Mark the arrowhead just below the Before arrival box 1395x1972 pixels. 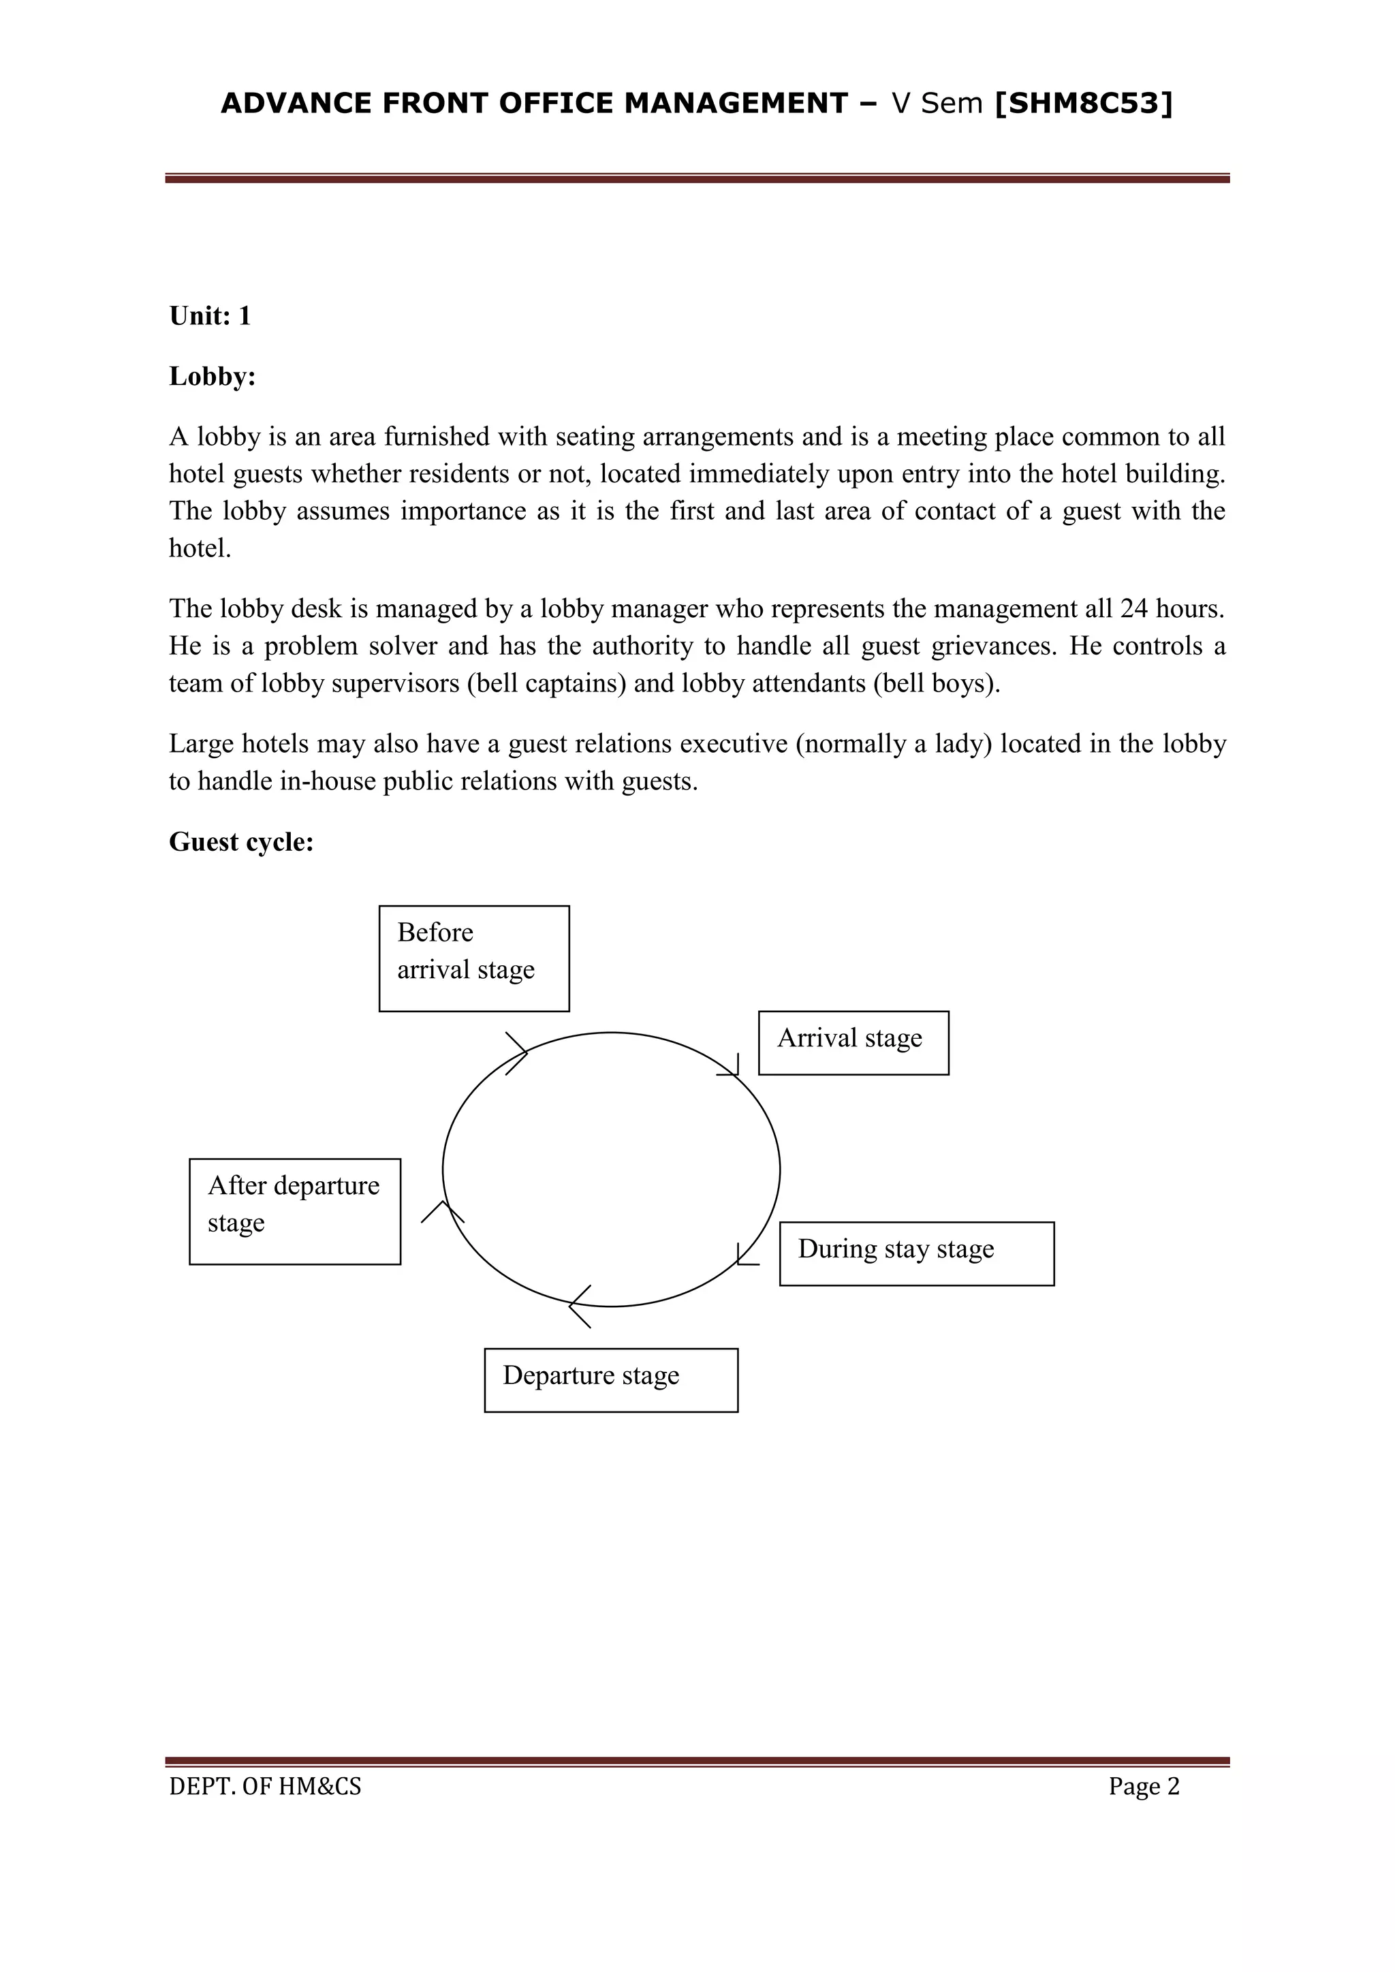coord(518,1053)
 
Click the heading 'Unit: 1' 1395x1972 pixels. coord(210,316)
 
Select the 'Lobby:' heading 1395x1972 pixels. coord(212,376)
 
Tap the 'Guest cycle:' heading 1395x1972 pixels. coord(241,842)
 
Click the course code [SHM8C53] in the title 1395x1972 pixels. coord(1083,103)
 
